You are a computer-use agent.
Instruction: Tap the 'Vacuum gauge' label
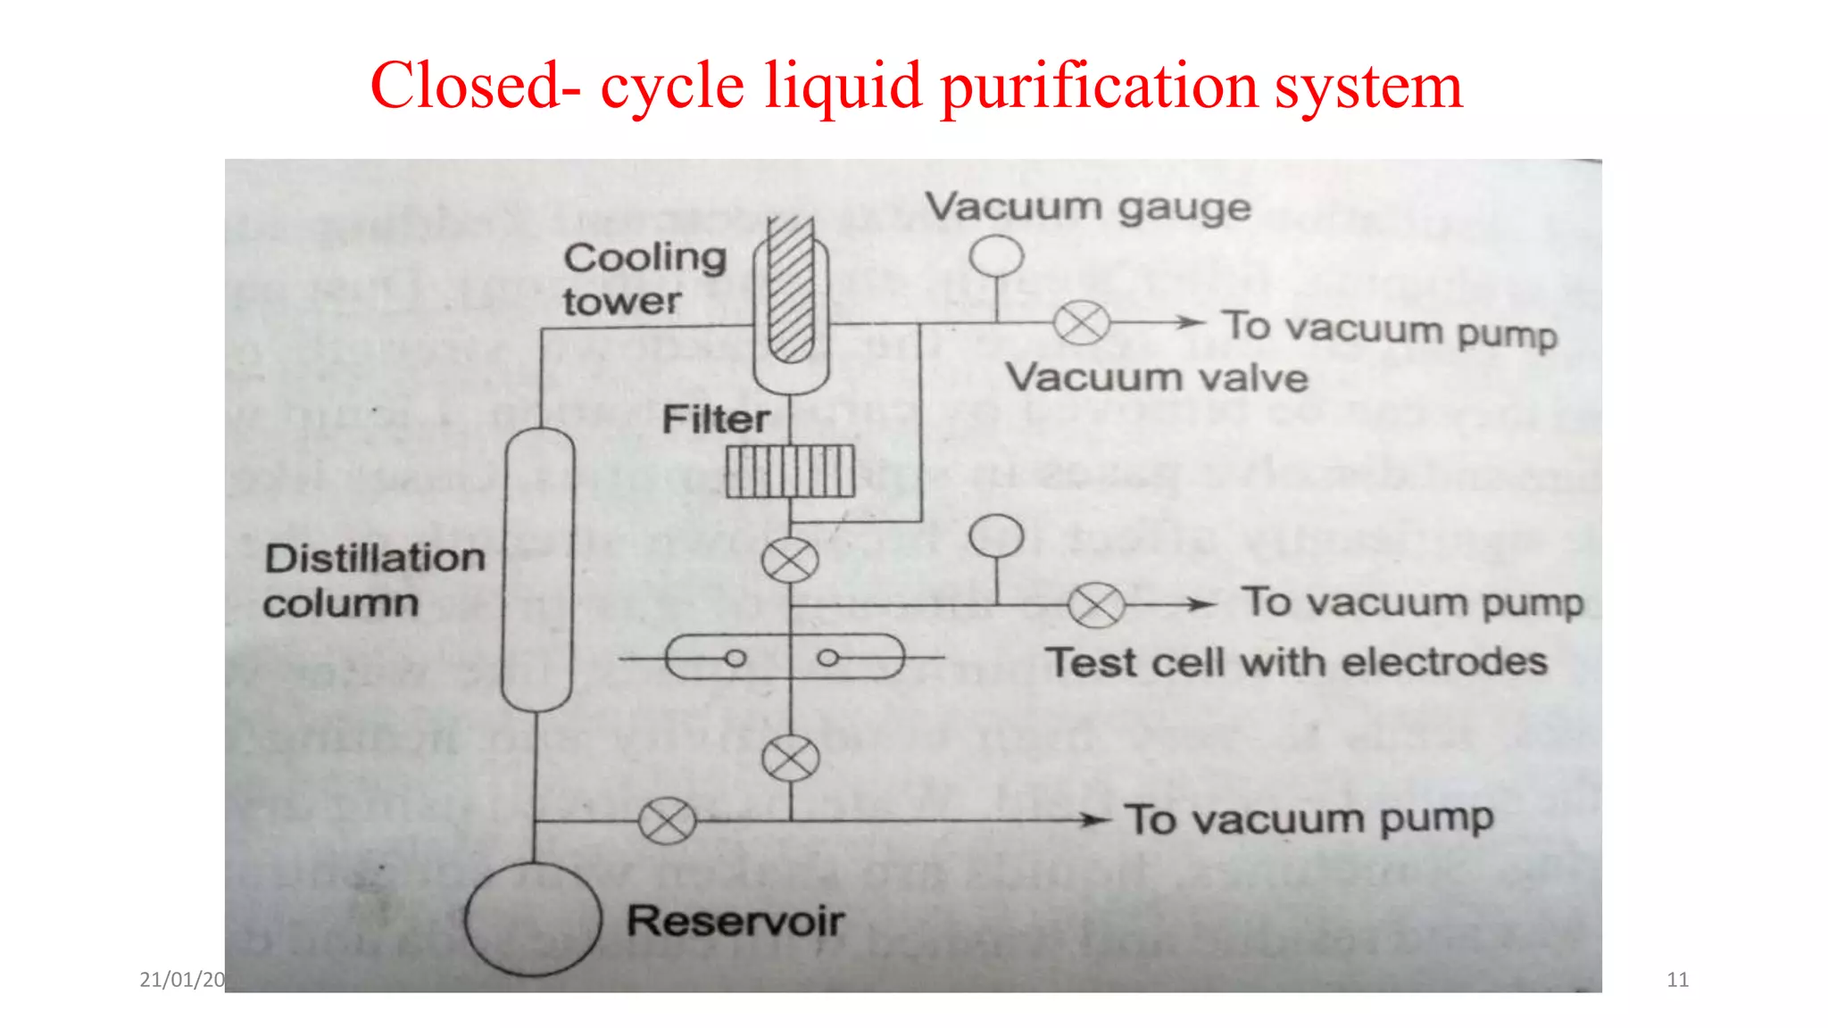coord(1087,207)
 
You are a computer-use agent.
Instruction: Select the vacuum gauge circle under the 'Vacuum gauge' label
coord(996,256)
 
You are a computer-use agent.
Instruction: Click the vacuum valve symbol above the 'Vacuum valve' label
coord(1081,323)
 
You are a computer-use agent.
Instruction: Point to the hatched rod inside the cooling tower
coord(791,290)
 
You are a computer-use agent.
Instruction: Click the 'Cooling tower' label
coord(644,278)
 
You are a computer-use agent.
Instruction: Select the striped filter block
coord(790,471)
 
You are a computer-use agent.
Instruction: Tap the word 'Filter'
coord(716,419)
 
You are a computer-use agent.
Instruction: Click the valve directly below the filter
coord(790,560)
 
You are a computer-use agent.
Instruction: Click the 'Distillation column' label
coord(374,580)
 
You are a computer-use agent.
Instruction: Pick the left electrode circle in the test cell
coord(735,659)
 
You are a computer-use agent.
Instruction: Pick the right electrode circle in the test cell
coord(828,659)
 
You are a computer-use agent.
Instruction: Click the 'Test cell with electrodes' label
coord(1296,663)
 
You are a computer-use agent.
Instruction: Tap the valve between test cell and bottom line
coord(790,759)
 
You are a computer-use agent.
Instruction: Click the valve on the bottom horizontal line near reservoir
coord(667,821)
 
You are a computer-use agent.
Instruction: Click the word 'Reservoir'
coord(735,921)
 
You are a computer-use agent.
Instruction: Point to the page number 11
coord(1677,980)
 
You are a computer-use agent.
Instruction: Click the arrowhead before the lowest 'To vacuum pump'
coord(1094,819)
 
